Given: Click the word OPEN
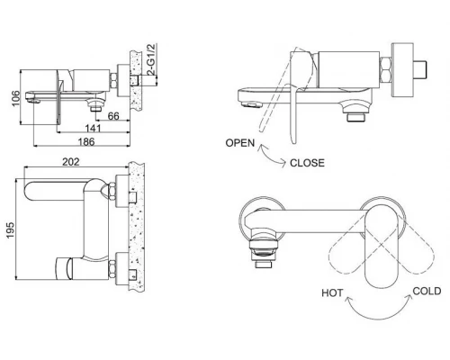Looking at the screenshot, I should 241,143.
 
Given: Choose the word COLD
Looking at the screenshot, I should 426,291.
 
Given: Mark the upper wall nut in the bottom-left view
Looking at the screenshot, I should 117,191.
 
